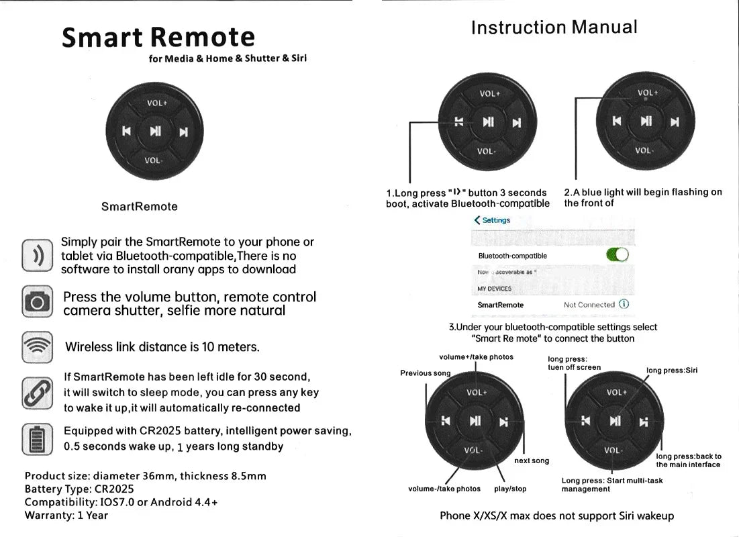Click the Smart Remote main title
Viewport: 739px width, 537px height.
(x=158, y=37)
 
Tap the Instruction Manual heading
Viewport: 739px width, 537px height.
(x=554, y=28)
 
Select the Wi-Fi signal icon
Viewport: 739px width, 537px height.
(x=37, y=347)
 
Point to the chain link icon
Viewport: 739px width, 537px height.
(x=37, y=393)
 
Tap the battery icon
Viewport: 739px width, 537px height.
(x=37, y=439)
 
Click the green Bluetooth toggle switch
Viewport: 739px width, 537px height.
(x=617, y=254)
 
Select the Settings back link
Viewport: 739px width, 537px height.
(x=492, y=220)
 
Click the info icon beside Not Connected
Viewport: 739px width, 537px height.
(x=624, y=304)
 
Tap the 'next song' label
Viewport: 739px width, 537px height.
(x=531, y=460)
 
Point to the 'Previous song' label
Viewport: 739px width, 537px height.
(x=426, y=373)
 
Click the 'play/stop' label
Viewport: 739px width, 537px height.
(x=510, y=489)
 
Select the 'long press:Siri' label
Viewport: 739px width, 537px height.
(x=672, y=371)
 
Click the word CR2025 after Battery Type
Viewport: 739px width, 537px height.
(x=114, y=489)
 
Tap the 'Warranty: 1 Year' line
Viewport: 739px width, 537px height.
(x=66, y=516)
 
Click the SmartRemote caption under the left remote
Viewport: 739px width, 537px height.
(x=140, y=207)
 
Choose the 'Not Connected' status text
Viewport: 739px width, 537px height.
(x=589, y=305)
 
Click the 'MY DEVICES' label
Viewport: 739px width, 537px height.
(x=495, y=289)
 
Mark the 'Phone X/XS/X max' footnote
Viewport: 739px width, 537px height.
(x=556, y=516)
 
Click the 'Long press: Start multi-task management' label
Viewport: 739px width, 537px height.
(x=611, y=485)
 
